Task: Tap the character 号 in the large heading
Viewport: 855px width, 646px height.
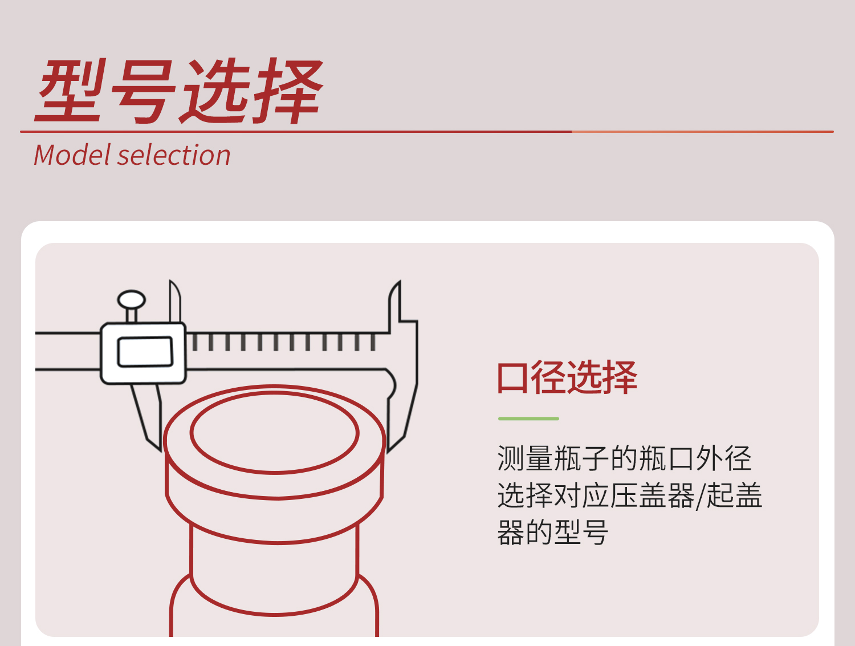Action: [x=142, y=92]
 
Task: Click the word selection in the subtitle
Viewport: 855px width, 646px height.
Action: [x=174, y=155]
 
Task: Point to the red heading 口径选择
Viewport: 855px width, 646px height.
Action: [x=567, y=377]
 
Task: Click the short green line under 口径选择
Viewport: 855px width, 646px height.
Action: [x=528, y=419]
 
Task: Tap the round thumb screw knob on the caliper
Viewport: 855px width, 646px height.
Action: [x=132, y=300]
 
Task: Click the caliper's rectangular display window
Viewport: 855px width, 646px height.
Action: [x=145, y=352]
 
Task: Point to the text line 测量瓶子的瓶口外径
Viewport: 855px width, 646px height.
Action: [x=624, y=458]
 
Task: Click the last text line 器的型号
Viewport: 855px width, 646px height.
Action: [x=553, y=532]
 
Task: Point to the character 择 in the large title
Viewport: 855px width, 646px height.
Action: [x=288, y=91]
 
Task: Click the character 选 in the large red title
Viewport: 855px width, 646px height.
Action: [x=215, y=91]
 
